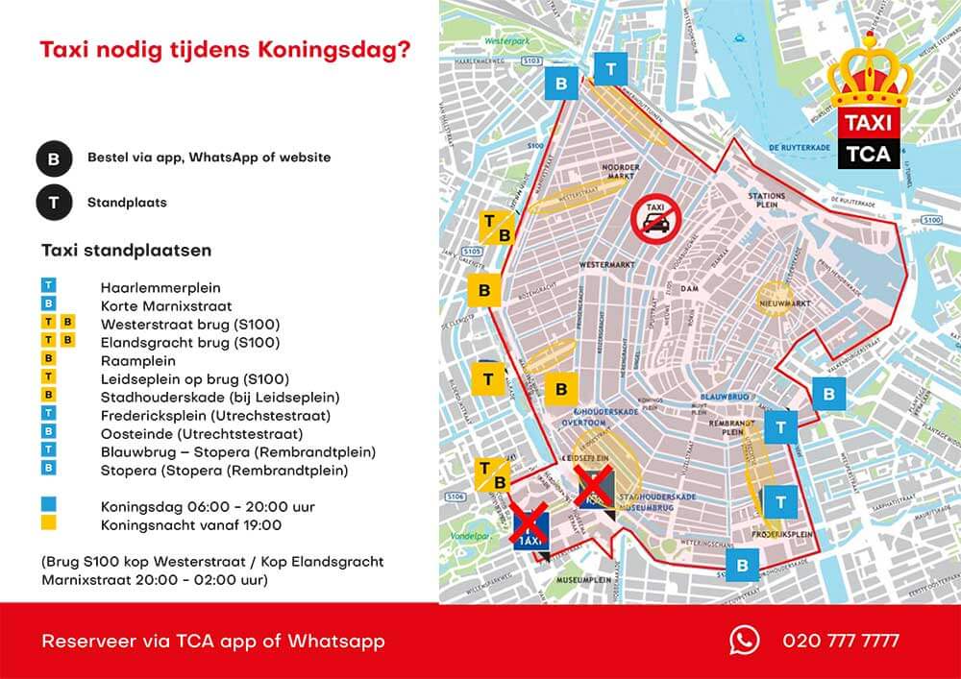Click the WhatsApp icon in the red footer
(x=744, y=641)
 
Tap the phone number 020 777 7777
(x=841, y=641)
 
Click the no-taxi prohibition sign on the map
(x=655, y=220)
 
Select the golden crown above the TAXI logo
(x=868, y=75)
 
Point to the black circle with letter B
(x=54, y=158)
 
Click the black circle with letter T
(x=54, y=203)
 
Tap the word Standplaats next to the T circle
(x=127, y=203)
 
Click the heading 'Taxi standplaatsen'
(x=127, y=250)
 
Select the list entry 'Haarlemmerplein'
(x=160, y=287)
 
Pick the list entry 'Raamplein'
(x=137, y=360)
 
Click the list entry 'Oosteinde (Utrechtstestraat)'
(x=202, y=433)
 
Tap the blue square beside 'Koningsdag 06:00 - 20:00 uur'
(x=49, y=505)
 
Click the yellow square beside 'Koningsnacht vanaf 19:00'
(x=49, y=523)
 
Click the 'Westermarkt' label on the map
(x=603, y=264)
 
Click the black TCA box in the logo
(x=868, y=154)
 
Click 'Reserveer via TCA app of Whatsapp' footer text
(x=213, y=641)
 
